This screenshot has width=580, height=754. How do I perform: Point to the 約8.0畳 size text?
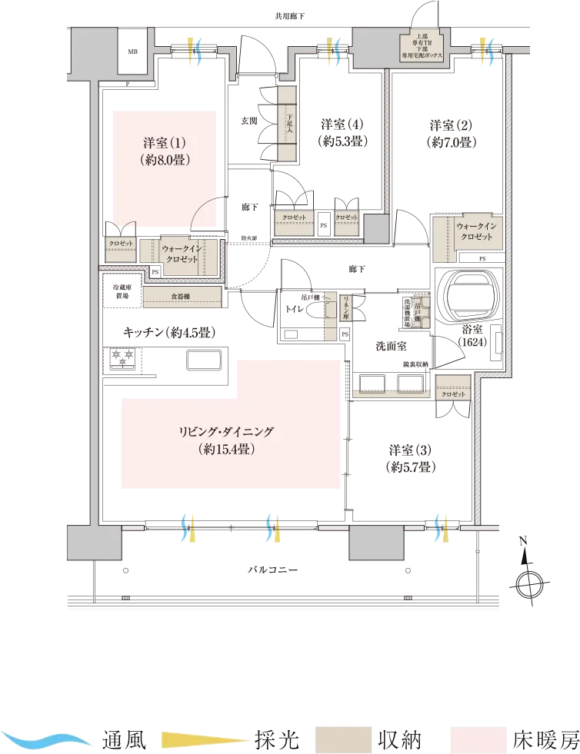165,161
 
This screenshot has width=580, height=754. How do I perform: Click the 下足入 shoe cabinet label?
286,122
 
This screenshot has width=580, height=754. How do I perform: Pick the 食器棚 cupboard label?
182,294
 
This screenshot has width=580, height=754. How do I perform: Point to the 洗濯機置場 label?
406,312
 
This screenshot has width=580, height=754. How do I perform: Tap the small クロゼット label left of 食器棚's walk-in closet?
121,244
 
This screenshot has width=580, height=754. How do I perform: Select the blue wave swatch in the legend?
50,741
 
